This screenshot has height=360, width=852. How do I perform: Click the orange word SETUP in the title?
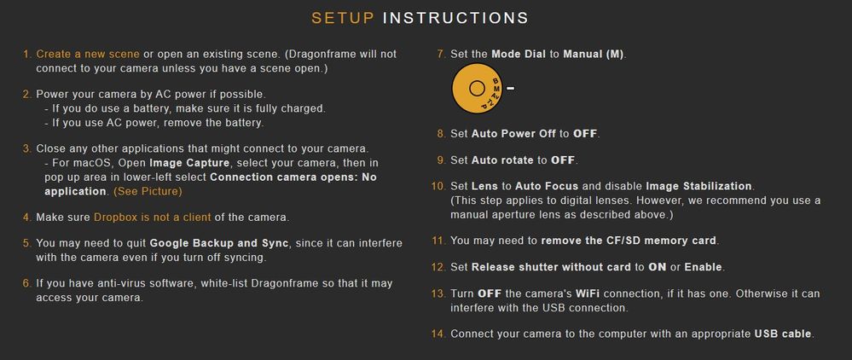[x=343, y=18]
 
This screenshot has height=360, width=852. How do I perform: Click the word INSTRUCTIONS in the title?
[x=455, y=18]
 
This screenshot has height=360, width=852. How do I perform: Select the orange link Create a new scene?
[x=88, y=55]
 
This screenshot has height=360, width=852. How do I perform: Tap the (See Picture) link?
[x=148, y=191]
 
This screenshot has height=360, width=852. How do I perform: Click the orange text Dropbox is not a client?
[x=152, y=218]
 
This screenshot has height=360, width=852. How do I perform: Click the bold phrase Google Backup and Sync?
[x=219, y=243]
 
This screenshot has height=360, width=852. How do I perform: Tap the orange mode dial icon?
[x=477, y=88]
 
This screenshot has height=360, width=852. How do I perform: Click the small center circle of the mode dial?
[x=477, y=88]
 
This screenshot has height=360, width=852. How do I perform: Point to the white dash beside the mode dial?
[x=510, y=88]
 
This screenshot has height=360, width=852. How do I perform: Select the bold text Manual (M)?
[x=594, y=55]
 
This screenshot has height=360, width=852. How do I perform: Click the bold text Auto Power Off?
[x=513, y=134]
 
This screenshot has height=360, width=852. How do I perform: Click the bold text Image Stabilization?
[x=698, y=187]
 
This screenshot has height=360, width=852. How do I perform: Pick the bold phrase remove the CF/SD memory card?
[x=629, y=241]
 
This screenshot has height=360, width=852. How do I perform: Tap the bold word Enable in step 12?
[x=704, y=268]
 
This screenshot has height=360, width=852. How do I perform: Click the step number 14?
[x=438, y=334]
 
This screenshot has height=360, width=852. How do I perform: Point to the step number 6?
[x=26, y=283]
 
